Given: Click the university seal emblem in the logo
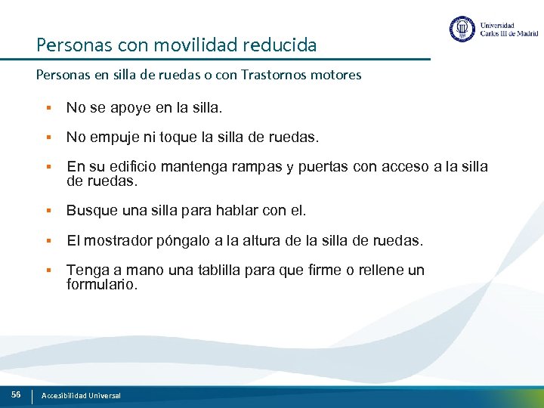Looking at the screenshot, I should [x=462, y=29].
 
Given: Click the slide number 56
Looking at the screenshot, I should [x=16, y=395].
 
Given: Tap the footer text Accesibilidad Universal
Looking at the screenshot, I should [x=81, y=396].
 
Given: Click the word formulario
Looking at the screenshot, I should [x=102, y=285].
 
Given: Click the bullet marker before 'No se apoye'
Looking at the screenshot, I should [x=48, y=108].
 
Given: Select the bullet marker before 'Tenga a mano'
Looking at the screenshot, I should [x=48, y=270].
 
